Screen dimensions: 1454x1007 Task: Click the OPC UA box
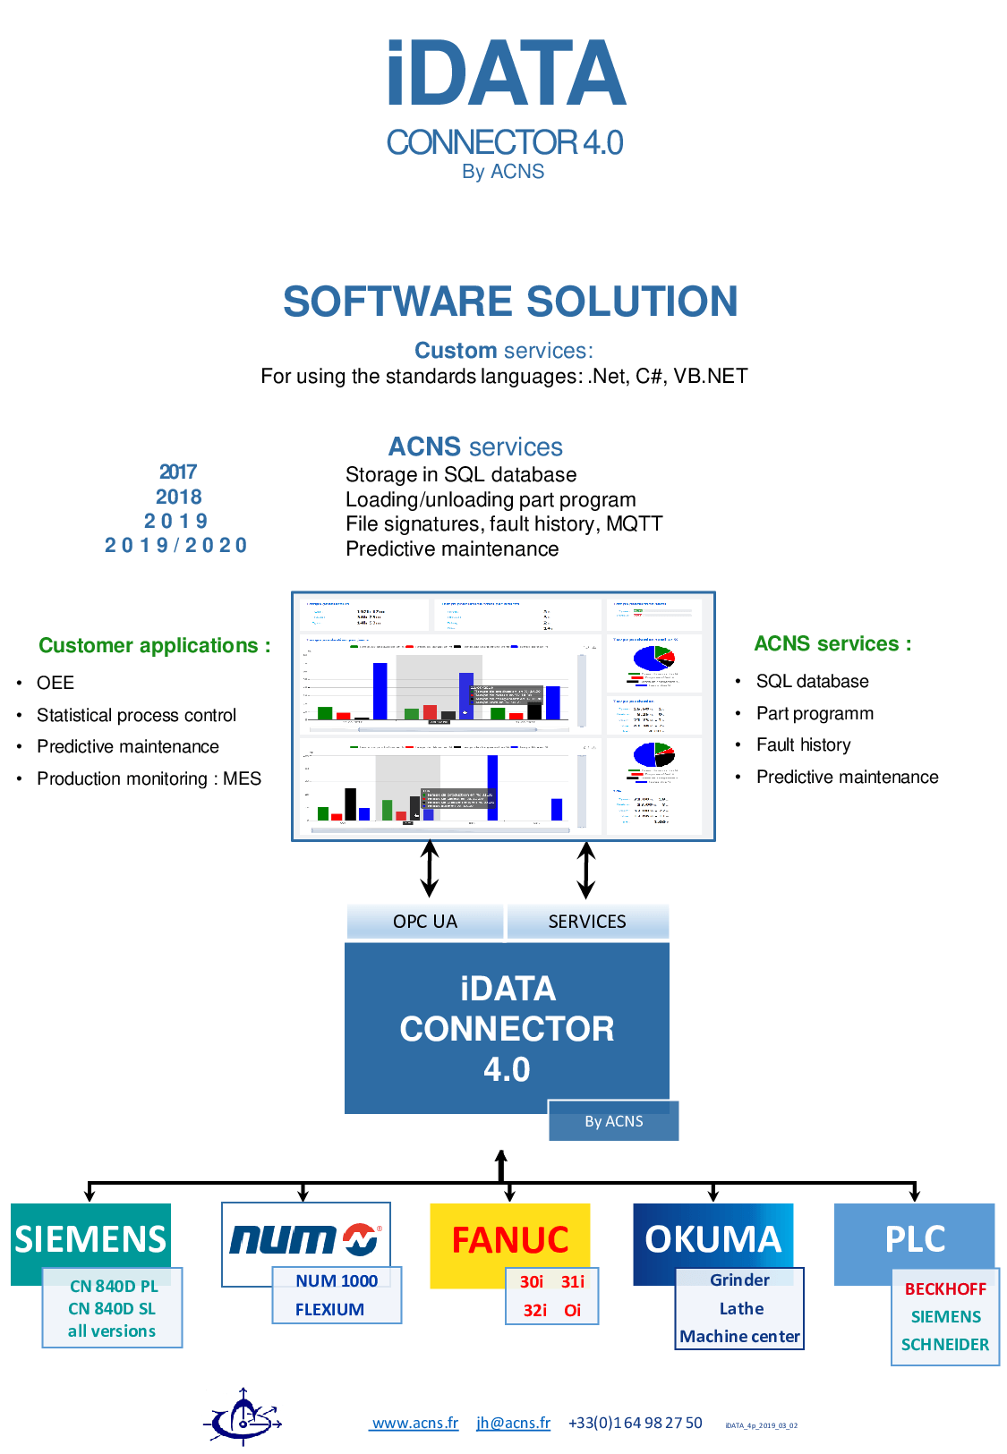tap(425, 922)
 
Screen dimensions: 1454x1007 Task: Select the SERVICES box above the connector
tap(587, 922)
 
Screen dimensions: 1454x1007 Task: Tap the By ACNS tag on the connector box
tap(614, 1121)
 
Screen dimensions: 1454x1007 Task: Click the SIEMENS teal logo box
tap(90, 1238)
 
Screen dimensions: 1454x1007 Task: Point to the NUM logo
tap(305, 1239)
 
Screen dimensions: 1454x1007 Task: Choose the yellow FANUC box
tap(510, 1240)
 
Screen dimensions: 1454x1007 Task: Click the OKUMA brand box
tap(713, 1239)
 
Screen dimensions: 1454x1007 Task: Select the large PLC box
tap(915, 1239)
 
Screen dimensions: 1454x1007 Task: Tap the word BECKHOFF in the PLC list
tap(945, 1289)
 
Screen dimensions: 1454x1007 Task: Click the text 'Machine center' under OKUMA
tap(739, 1337)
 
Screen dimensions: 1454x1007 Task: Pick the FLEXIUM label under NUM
tap(329, 1310)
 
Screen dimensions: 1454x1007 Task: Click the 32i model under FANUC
tap(534, 1311)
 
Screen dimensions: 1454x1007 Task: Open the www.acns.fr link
tap(414, 1424)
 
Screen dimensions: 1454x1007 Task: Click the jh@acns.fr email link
tap(513, 1424)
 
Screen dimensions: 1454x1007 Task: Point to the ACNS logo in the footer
tap(243, 1417)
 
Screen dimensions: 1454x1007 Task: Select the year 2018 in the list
tap(179, 497)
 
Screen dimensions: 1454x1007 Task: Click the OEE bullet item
tap(55, 684)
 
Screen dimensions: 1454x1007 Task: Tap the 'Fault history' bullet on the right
tap(803, 745)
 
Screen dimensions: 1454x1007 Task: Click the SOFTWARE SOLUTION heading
tap(510, 302)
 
